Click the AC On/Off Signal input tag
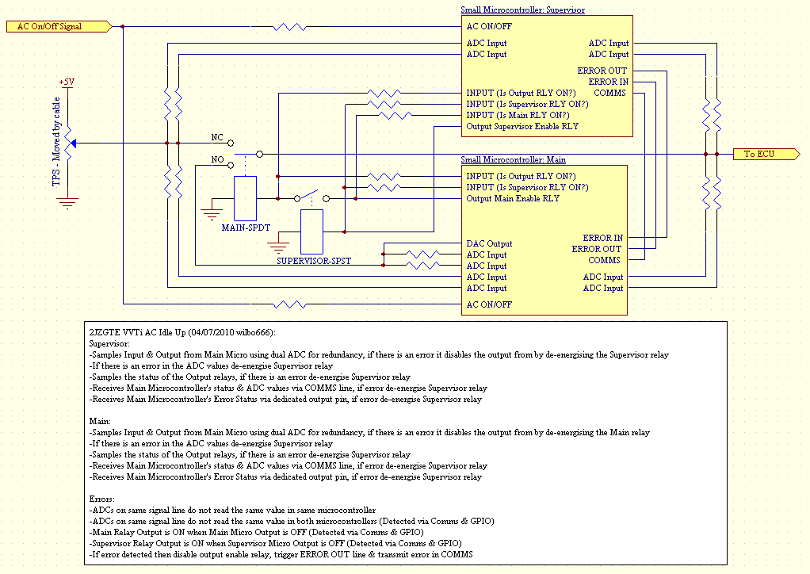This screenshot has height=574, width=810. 59,26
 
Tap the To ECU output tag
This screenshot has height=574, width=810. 766,154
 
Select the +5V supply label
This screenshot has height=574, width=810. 67,82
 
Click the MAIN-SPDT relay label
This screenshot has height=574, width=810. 246,228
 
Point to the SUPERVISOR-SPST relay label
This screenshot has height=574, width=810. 314,261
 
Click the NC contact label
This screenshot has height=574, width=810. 217,137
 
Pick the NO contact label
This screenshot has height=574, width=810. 217,159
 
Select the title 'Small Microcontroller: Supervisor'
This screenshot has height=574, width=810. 523,10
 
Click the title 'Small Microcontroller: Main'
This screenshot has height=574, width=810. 513,159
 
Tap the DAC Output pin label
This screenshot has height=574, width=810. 489,244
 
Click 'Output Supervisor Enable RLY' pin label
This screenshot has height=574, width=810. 522,127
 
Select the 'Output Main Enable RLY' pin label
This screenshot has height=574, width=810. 513,199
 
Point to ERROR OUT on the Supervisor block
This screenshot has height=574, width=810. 602,71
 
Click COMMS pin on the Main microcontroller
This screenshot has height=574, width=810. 604,260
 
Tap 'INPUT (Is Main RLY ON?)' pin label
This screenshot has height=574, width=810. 518,115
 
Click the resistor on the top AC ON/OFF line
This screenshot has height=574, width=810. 289,26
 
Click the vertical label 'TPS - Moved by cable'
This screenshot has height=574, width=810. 56,142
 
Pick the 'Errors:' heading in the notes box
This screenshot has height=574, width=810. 101,499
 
